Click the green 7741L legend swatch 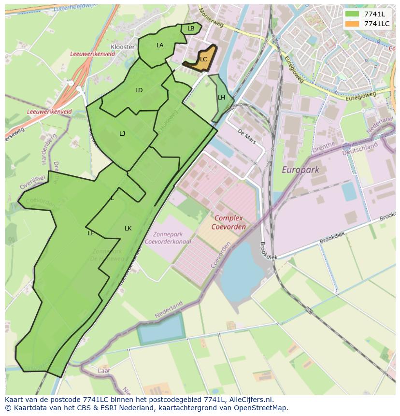click(x=353, y=14)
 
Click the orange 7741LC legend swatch click(x=353, y=23)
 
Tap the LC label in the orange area click(x=203, y=59)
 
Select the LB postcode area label click(x=191, y=29)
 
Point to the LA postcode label click(x=160, y=45)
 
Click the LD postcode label click(x=139, y=90)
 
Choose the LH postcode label click(x=221, y=98)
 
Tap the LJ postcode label click(x=122, y=134)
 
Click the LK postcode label click(x=128, y=229)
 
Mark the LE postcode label click(x=90, y=233)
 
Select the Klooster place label click(x=123, y=47)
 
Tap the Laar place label click(x=103, y=371)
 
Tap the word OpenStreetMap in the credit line click(x=261, y=408)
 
